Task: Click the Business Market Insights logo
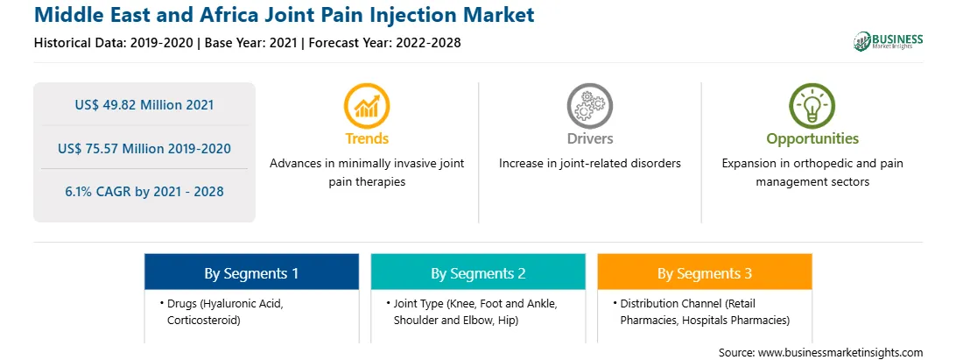[889, 41]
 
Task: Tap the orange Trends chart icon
[367, 106]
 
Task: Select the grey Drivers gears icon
[589, 106]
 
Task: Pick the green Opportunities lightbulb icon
[812, 106]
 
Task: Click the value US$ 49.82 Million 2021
[144, 105]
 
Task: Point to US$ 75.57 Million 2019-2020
[144, 148]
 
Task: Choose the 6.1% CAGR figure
[144, 192]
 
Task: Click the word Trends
[367, 138]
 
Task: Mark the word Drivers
[589, 138]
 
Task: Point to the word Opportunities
[812, 139]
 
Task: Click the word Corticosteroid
[204, 320]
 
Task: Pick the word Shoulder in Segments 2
[415, 320]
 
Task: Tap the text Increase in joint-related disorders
[589, 164]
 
